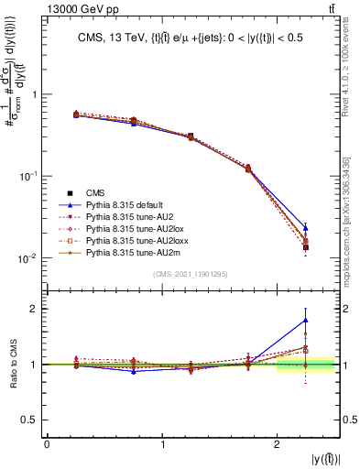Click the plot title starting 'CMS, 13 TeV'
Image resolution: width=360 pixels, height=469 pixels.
click(191, 38)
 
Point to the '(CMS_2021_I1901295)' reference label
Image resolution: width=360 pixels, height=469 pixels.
click(191, 275)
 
